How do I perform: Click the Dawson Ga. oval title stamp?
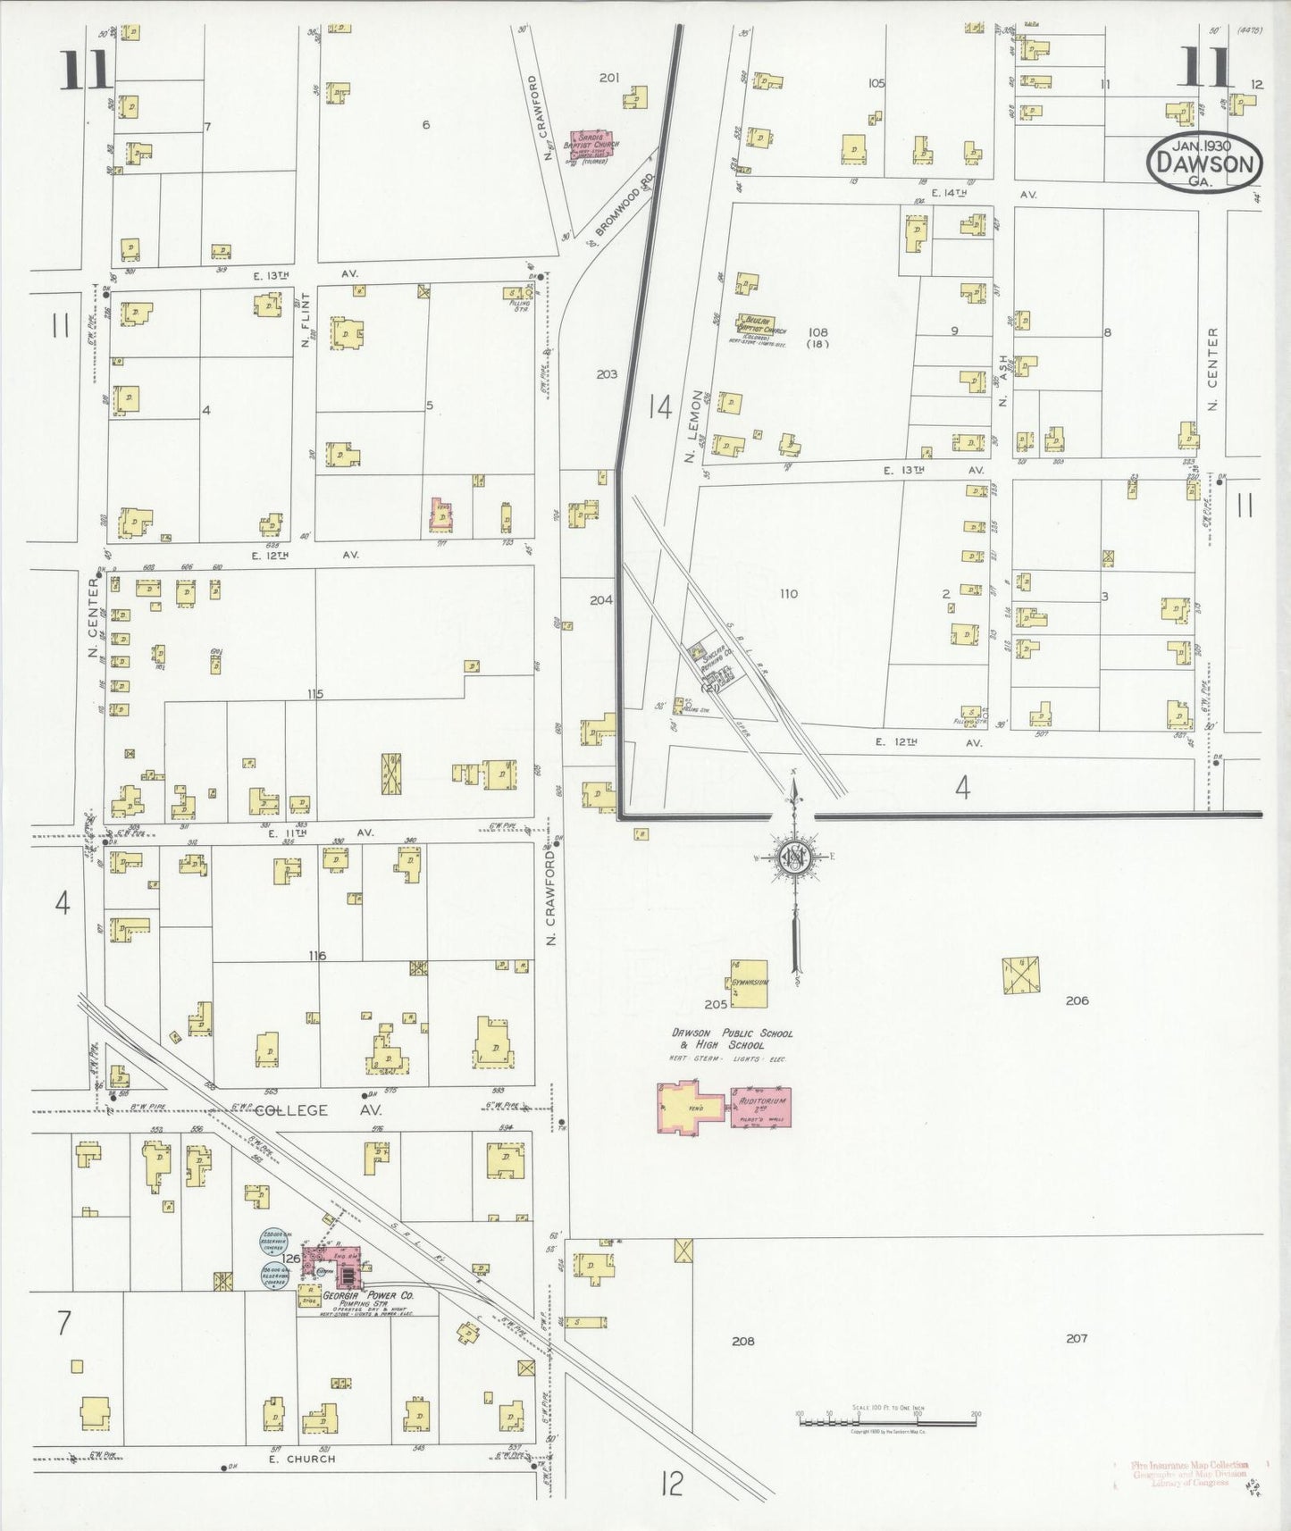pyautogui.click(x=1204, y=163)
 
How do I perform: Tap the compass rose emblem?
pyautogui.click(x=793, y=858)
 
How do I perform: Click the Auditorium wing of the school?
pyautogui.click(x=761, y=1107)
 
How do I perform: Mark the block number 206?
pyautogui.click(x=1077, y=1000)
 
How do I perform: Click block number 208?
pyautogui.click(x=742, y=1341)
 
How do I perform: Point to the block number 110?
pyautogui.click(x=787, y=593)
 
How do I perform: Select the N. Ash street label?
pyautogui.click(x=1005, y=380)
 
